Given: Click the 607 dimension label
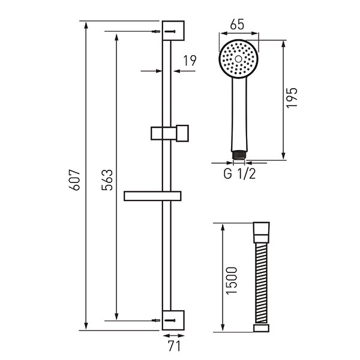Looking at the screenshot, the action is [x=74, y=180].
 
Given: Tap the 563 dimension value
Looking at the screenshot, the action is [x=107, y=180].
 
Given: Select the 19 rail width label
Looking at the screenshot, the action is [x=190, y=61].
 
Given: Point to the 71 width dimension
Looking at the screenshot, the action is [x=174, y=346].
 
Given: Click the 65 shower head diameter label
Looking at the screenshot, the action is [x=237, y=25].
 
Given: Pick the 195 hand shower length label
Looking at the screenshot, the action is [x=292, y=98].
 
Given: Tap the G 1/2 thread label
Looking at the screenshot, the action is [x=239, y=174].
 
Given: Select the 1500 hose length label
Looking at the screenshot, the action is [x=231, y=281].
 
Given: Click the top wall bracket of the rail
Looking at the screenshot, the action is [x=173, y=31].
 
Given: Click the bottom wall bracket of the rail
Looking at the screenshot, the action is [x=173, y=320].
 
